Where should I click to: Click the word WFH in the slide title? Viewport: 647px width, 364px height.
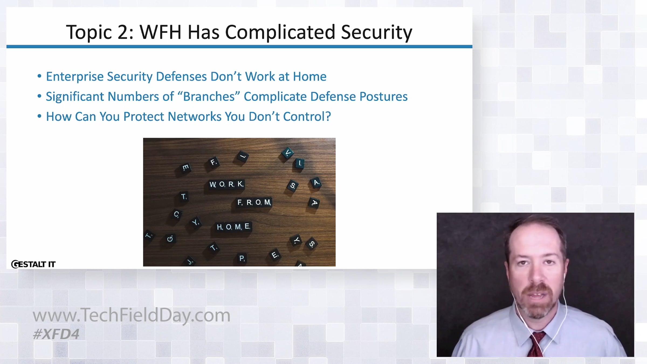[160, 32]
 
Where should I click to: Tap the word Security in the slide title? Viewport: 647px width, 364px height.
[377, 33]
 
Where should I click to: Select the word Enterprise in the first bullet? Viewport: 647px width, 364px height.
[75, 77]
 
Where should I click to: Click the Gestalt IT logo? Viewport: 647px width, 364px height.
[33, 264]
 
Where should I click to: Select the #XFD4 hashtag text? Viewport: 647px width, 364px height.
[56, 334]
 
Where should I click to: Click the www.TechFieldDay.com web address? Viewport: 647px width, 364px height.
[132, 315]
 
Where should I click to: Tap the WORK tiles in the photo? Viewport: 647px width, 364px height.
[227, 184]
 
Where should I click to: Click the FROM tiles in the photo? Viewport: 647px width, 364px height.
[254, 202]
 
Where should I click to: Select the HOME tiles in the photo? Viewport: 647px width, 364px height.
[234, 227]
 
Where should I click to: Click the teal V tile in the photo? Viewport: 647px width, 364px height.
[288, 153]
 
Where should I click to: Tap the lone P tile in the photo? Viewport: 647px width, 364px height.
[242, 258]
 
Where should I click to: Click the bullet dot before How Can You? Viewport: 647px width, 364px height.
[39, 116]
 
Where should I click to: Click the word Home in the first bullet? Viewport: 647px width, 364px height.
[309, 77]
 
